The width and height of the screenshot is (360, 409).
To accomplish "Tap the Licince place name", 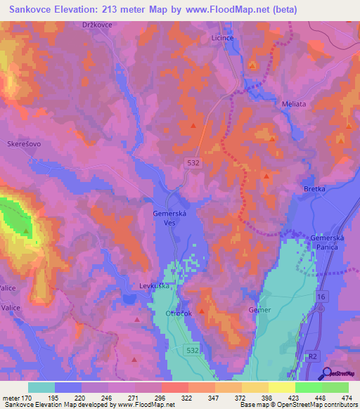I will tap(223, 39).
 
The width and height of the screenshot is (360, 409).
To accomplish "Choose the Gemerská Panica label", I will tap(327, 242).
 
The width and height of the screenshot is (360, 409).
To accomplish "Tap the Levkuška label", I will tap(155, 286).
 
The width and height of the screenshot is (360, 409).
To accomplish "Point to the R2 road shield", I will tap(314, 356).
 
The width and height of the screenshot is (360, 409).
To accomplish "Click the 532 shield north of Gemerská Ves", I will tap(192, 162).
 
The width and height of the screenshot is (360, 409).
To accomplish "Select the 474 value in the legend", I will tap(347, 397).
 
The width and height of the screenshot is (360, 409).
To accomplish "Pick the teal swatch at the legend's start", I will tap(41, 387).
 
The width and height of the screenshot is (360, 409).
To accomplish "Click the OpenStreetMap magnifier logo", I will tap(327, 373).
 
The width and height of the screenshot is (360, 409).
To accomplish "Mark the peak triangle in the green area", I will tap(26, 230).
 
